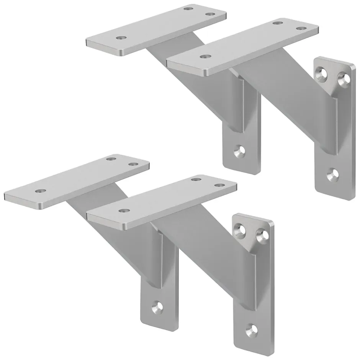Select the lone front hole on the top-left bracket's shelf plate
tap(122, 38)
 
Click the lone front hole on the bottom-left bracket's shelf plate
tap(39, 190)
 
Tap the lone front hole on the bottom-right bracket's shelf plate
tap(123, 210)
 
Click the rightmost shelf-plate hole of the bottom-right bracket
tap(219, 185)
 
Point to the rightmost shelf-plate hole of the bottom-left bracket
tap(133, 164)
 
